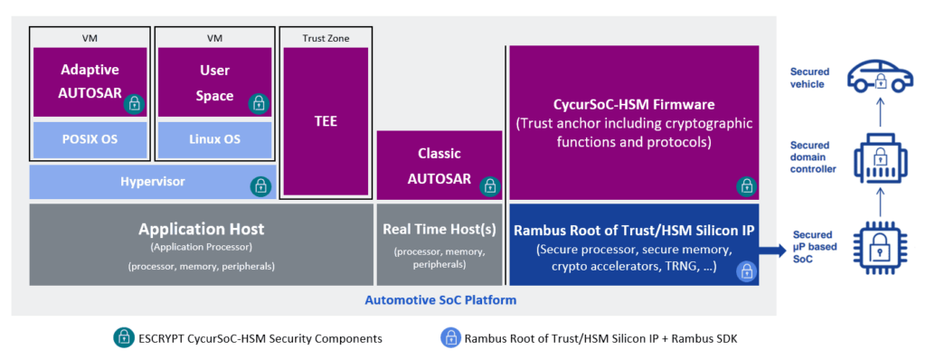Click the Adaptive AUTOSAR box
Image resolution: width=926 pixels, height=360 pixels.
(90, 81)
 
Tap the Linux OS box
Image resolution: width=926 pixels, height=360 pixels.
(214, 139)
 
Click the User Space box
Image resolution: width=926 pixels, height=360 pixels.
(214, 81)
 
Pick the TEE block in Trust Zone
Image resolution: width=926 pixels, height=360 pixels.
(326, 120)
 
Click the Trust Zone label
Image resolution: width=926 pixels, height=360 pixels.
(326, 38)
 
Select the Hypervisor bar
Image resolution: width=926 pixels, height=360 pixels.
(152, 182)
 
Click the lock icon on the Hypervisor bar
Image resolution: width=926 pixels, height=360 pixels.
(260, 186)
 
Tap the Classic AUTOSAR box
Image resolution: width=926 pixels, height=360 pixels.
(439, 166)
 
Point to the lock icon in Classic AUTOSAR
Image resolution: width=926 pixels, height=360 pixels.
(489, 186)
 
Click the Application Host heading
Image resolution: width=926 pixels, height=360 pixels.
(201, 229)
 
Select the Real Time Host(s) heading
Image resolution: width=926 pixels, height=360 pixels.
(439, 230)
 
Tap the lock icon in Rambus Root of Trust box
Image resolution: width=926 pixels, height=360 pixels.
(746, 270)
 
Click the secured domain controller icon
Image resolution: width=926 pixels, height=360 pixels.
(876, 159)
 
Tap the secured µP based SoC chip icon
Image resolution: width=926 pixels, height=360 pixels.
(876, 244)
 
